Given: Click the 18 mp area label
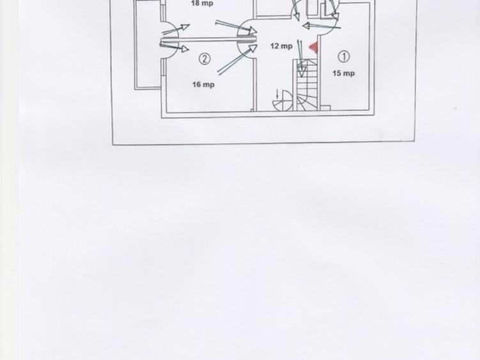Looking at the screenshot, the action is click(202, 3).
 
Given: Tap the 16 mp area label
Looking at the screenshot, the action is click(203, 84).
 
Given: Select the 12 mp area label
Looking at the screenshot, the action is click(282, 46).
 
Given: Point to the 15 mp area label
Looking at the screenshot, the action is click(343, 74).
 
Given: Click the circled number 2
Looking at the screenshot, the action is click(205, 59).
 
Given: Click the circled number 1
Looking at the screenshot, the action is click(344, 57).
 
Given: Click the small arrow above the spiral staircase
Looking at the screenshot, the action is click(277, 93).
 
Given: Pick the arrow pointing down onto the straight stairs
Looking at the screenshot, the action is click(300, 58).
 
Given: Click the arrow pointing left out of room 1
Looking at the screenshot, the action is click(321, 26).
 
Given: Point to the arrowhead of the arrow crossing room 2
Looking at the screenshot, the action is click(253, 49).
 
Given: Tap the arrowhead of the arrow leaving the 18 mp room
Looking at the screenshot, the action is click(252, 30).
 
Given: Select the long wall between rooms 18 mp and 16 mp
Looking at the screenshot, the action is click(208, 40).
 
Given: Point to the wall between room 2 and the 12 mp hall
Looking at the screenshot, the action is click(254, 85).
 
